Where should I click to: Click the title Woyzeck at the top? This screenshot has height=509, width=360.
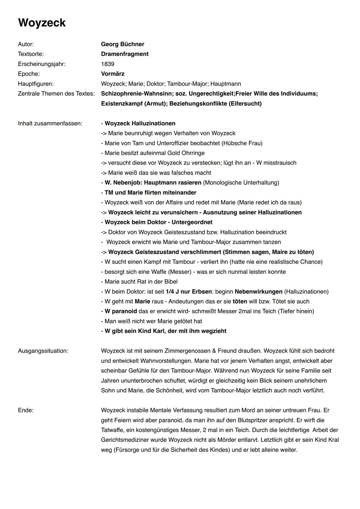coord(42,23)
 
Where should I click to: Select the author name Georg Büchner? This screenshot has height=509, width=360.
coord(122,44)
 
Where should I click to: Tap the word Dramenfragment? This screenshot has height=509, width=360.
coord(125,54)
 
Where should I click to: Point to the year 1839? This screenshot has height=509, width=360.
coord(107,64)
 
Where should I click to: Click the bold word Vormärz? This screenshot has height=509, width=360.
coord(113,74)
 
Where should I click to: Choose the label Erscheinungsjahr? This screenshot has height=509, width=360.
coord(42,64)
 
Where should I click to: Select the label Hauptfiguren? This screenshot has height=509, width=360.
coord(36,84)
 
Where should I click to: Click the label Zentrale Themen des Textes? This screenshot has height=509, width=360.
coord(56,94)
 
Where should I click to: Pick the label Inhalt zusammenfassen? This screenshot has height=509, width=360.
coord(50,123)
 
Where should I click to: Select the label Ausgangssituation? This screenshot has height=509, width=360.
coord(43,351)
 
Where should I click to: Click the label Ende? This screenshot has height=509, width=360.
coord(26,410)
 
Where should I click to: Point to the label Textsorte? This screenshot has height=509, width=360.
coord(31,54)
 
